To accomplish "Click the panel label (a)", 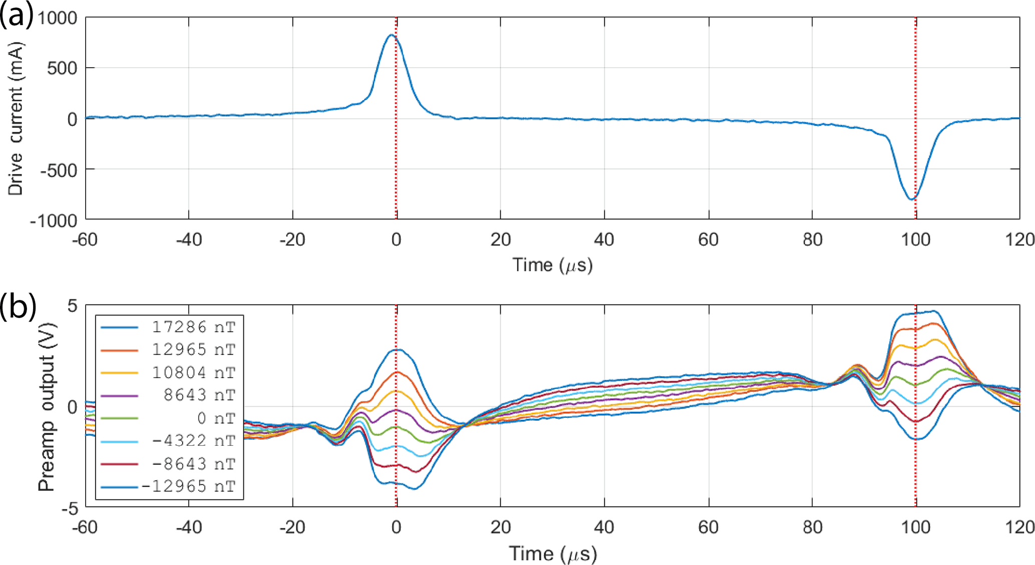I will coord(17,15).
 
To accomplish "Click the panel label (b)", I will coord(18,306).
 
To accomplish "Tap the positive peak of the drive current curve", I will coord(392,35).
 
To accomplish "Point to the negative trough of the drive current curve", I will coord(912,199).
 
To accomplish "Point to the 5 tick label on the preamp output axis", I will coord(73,306).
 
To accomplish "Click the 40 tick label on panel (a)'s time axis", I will coord(604,239).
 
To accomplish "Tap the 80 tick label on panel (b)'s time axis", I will coord(812,527).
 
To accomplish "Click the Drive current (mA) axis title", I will coord(16,119).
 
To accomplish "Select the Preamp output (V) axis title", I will coord(46,407).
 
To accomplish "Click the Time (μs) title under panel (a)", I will coord(552,264).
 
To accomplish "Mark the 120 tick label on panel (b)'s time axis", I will coord(1019,527).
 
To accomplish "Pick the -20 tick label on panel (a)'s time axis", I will coord(292,239).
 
